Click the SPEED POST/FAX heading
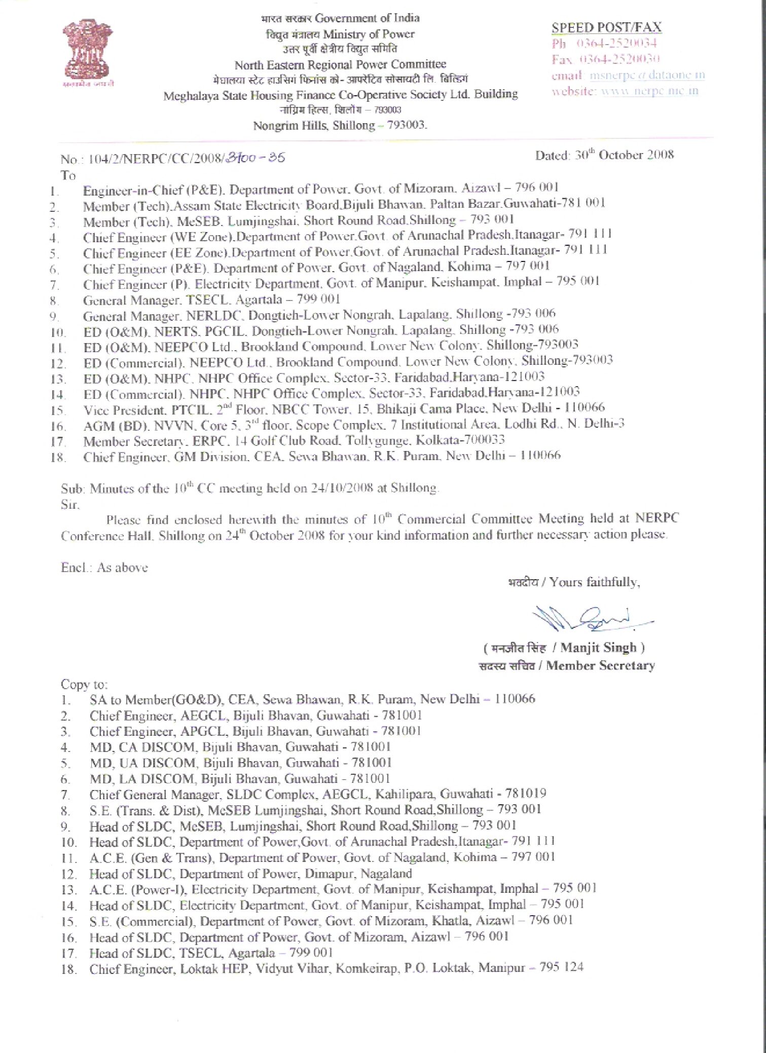click(x=606, y=27)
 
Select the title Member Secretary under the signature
click(x=600, y=665)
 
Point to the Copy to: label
click(x=84, y=684)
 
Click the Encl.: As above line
click(x=104, y=567)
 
